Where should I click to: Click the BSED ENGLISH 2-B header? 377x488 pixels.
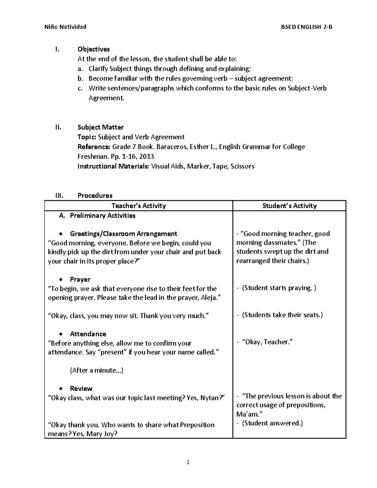coord(307,27)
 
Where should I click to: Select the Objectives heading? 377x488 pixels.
coord(94,49)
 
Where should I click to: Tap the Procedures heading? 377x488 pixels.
coord(95,195)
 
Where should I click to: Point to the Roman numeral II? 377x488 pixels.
coord(58,127)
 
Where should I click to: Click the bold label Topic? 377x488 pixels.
coord(87,137)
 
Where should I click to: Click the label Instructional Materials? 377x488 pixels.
coord(113,166)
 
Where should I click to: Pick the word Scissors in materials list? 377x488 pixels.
coord(242,166)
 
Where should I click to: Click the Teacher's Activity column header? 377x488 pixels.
coord(139,206)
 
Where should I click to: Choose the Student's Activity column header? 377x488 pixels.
coord(289,206)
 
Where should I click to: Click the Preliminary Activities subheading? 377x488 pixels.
coord(102,216)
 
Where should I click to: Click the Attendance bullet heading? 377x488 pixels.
coord(88,334)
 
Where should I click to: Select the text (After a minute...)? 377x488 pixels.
coord(96,370)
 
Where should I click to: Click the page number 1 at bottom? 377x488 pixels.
coord(188,462)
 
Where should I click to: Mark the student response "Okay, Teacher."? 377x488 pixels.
coord(267,342)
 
